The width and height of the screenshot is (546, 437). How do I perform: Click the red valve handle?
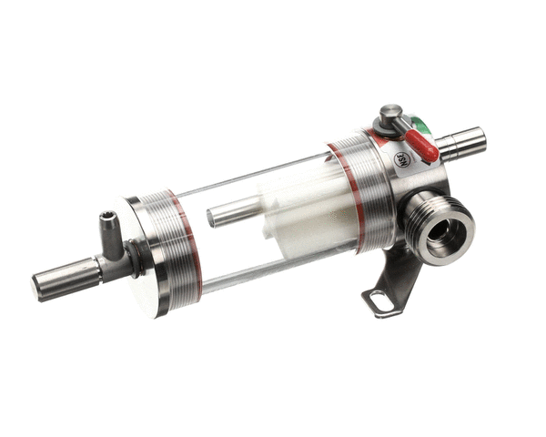(x=421, y=143)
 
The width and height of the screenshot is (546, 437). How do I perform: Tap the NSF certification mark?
(x=401, y=159)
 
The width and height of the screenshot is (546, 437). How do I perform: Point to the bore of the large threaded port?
(x=440, y=230)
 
